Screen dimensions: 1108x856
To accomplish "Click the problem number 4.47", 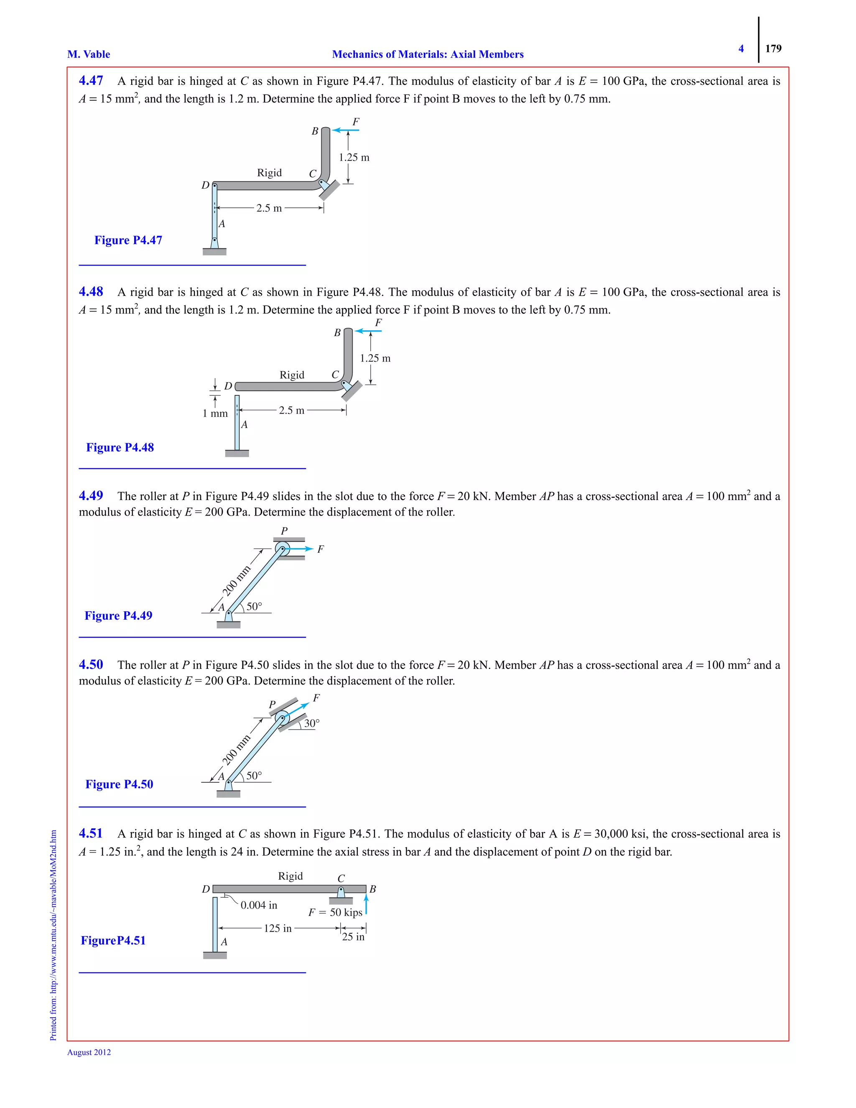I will (x=91, y=81).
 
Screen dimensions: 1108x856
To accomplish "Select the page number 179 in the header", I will (x=773, y=49).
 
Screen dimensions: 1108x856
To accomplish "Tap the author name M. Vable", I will (x=89, y=54).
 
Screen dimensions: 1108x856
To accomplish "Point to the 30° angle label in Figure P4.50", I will (x=312, y=723).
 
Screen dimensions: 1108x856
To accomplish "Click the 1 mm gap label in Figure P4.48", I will (x=215, y=414).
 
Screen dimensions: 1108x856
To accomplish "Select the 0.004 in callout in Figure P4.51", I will (x=259, y=905).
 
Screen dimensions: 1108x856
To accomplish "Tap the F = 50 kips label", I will (x=335, y=912).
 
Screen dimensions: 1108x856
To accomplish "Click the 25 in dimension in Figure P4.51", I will (x=353, y=937).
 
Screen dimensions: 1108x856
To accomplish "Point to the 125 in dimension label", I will (x=278, y=928).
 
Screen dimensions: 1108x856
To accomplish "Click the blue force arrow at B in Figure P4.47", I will (x=345, y=130).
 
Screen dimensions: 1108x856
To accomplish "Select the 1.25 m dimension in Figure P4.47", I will (x=354, y=157).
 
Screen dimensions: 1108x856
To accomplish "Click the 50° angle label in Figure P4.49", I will (x=254, y=606).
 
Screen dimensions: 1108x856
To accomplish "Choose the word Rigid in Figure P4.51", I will (x=290, y=876).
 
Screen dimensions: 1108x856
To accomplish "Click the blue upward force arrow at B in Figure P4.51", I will (x=366, y=904).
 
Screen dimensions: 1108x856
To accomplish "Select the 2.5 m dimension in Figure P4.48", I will (x=292, y=411).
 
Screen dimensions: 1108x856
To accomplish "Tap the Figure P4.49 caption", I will (x=118, y=615).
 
